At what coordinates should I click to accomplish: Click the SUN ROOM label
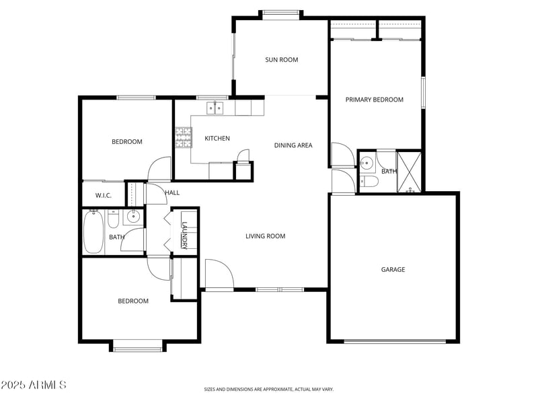point(281,60)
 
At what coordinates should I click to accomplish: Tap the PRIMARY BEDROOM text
point(374,100)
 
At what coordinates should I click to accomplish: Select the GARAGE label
point(393,270)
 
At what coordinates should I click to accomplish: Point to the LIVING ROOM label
point(265,236)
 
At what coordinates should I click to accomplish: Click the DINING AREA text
point(293,145)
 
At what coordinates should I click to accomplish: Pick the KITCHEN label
point(217,139)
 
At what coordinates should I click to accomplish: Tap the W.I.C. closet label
point(103,196)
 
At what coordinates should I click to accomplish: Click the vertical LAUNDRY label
point(184,235)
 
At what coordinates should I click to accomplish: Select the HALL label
point(172,193)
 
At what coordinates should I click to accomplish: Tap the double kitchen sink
point(215,108)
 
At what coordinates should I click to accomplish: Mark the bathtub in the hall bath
point(93,232)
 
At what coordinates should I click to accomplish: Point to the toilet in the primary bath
point(369,182)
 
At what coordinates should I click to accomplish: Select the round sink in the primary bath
point(367,163)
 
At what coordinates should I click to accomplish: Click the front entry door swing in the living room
point(218,274)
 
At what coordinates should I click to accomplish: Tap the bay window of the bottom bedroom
point(137,346)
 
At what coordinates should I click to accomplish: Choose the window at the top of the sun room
point(281,12)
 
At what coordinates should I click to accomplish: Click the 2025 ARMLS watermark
point(34,385)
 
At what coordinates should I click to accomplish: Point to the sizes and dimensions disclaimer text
point(268,389)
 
